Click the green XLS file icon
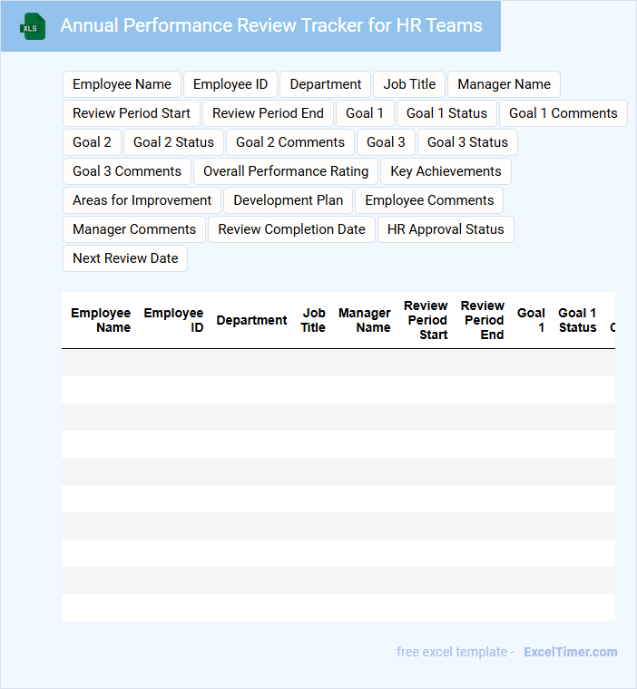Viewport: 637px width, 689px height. point(33,26)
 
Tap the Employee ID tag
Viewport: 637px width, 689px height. point(230,84)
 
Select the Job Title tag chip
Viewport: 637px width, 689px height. point(409,84)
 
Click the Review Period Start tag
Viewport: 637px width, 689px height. point(132,113)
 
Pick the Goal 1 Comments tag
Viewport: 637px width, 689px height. point(563,113)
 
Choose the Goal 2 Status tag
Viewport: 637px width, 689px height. point(173,142)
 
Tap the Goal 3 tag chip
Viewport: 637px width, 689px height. point(386,142)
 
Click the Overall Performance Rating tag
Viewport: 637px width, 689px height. point(286,171)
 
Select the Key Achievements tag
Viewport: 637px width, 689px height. point(446,171)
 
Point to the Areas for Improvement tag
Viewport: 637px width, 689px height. point(142,200)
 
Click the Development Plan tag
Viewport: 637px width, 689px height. point(289,200)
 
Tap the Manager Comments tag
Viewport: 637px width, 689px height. point(134,229)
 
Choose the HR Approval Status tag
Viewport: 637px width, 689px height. point(446,229)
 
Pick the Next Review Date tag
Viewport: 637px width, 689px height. point(125,258)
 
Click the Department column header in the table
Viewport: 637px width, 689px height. point(251,320)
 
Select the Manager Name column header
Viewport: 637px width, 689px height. point(365,320)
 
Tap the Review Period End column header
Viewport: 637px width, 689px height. point(483,320)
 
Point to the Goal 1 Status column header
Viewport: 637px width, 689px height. point(577,320)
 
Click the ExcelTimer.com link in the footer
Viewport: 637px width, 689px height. point(570,652)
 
